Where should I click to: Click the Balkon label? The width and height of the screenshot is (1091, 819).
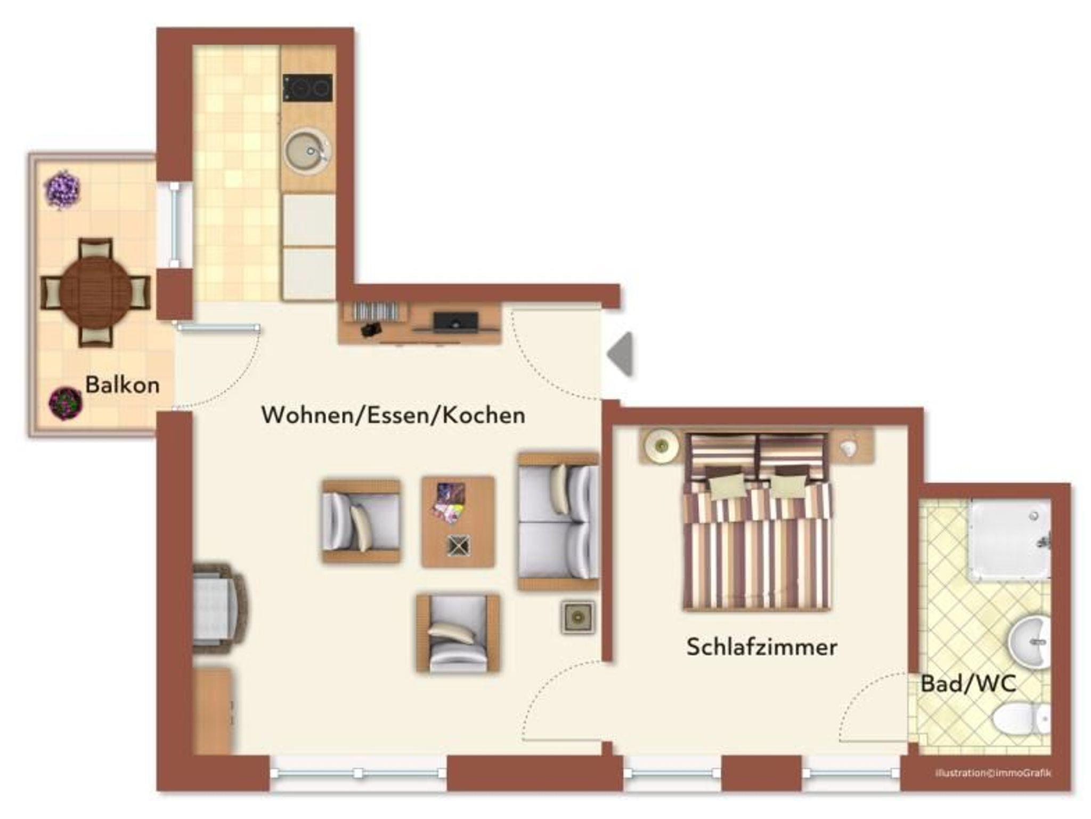coord(123,384)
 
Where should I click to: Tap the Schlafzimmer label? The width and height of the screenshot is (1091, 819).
coord(761,647)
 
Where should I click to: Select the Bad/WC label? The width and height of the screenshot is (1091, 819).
coord(968,684)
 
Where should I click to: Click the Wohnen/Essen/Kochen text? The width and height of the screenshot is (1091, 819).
coord(393,415)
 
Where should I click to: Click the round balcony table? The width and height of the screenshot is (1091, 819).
coord(96,292)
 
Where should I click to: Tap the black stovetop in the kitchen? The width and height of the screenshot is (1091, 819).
coord(308,88)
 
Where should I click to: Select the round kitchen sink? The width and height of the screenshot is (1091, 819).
coord(306,151)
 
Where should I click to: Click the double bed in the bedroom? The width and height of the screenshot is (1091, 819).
coord(756,522)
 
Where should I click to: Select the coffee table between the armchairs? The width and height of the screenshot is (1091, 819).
coord(458,522)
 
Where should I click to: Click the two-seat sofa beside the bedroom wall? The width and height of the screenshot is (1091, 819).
coord(558,522)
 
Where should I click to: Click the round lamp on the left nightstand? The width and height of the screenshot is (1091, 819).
coord(661,445)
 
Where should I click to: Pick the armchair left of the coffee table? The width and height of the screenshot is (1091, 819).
coord(361,521)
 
